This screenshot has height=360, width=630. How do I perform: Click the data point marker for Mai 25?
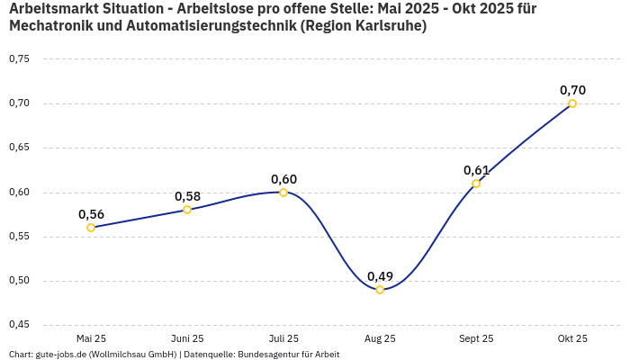point(91,228)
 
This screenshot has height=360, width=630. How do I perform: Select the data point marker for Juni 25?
point(187,210)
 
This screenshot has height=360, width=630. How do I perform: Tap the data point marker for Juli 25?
point(283,192)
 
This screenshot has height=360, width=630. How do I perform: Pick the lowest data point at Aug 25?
point(380,290)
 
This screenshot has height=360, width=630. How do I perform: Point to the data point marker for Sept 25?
point(476,184)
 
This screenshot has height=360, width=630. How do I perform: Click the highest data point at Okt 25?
point(572,103)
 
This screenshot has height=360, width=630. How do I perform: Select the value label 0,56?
point(91,214)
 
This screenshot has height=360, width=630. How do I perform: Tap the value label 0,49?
point(380,276)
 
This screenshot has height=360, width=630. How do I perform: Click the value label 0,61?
point(476,170)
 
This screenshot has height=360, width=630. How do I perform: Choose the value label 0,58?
point(187,196)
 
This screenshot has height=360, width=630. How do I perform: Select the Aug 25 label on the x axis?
point(380,339)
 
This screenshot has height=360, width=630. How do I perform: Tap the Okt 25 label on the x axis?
point(572,339)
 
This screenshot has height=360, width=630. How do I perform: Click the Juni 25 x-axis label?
point(187,339)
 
